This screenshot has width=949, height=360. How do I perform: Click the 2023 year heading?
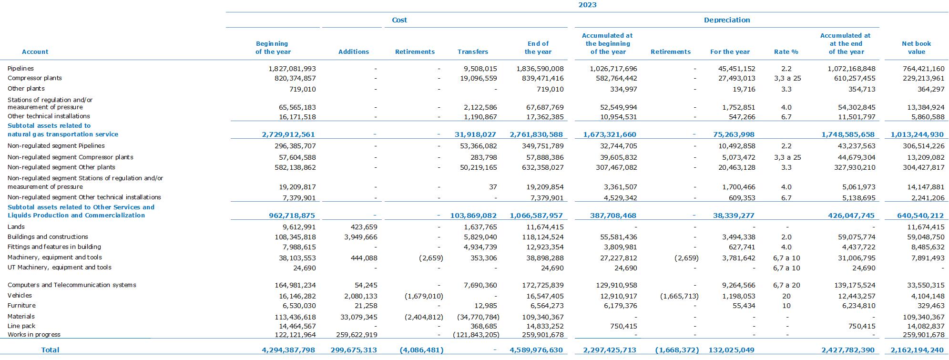click(587, 5)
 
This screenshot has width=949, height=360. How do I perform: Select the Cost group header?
click(399, 20)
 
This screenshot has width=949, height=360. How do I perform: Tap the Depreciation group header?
click(727, 20)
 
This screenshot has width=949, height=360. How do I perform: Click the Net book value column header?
click(916, 48)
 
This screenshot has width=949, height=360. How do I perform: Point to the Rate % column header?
click(786, 51)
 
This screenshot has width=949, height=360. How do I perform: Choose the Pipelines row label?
click(21, 69)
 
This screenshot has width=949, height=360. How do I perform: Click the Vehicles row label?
click(20, 296)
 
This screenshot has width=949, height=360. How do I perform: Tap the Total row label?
click(50, 350)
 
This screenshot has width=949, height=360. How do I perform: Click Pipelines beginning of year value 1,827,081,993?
click(292, 69)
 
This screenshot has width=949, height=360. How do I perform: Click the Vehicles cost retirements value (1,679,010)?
click(424, 296)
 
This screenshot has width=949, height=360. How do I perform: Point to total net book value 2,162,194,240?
click(917, 350)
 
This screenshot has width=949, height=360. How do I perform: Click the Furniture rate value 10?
click(786, 306)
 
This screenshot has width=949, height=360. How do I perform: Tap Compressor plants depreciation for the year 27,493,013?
click(736, 79)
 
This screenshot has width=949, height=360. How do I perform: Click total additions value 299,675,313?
click(354, 350)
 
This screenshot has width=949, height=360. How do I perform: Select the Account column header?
click(35, 51)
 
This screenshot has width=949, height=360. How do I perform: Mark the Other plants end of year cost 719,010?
click(550, 89)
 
